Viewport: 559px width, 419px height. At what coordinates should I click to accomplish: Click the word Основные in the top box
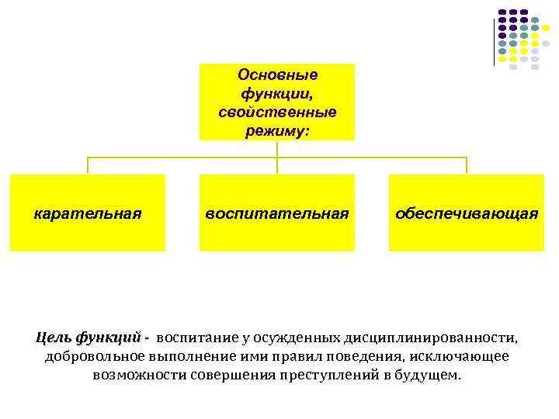(x=277, y=75)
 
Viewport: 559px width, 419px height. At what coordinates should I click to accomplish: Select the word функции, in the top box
(x=277, y=93)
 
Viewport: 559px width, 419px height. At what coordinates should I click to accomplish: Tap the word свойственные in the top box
(x=277, y=112)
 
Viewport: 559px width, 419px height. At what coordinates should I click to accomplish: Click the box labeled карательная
(x=88, y=213)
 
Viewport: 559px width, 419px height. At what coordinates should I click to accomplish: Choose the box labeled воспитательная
(x=277, y=213)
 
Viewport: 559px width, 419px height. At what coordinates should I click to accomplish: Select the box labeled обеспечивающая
(x=466, y=213)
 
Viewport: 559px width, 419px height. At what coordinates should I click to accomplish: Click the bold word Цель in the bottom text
(x=54, y=338)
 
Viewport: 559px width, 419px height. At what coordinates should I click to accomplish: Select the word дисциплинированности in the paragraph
(x=430, y=338)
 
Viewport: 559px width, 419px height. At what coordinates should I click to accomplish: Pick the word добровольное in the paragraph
(x=92, y=356)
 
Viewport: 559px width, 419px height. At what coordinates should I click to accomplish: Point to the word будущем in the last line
(x=426, y=375)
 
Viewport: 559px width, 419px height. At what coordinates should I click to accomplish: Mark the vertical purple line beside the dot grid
(x=492, y=38)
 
